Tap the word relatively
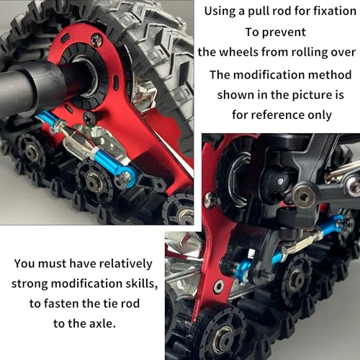[x=126, y=264]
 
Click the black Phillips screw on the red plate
[x=89, y=117]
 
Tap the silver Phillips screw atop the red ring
[x=96, y=38]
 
